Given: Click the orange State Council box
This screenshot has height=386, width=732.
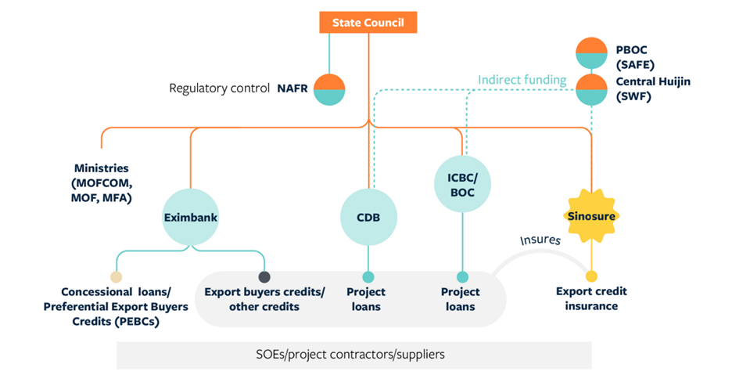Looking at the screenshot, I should pos(368,23).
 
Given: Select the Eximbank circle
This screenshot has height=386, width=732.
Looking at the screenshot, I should pos(190,217).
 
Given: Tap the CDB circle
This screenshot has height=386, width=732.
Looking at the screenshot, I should pos(368,217).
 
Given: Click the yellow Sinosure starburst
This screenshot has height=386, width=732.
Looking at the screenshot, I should pos(591,215).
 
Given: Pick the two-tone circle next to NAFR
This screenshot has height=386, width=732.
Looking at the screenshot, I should pos(329,89).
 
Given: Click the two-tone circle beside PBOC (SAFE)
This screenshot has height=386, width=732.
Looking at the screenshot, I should pos(591,53).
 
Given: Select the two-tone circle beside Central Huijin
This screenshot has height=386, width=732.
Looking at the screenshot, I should pos(591,90).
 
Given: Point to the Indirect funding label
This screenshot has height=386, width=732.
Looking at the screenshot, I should pos(522,80).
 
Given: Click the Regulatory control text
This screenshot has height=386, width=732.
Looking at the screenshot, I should pos(219,88).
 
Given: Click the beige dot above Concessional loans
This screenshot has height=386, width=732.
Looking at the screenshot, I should pos(117,276).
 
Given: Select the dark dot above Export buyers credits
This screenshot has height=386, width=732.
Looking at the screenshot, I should pos(264,276).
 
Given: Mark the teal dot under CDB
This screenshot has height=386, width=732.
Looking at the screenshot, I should pos(368,276).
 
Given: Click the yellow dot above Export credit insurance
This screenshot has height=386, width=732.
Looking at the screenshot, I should pos(591,276).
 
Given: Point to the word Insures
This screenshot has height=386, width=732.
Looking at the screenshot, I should pos(540,239).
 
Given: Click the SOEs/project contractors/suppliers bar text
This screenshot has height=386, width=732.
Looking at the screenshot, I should pos(354,355).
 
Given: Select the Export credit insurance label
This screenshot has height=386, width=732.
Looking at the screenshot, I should pos(591,298).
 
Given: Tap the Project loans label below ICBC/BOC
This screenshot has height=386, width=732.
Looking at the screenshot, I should pos(461,299).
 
